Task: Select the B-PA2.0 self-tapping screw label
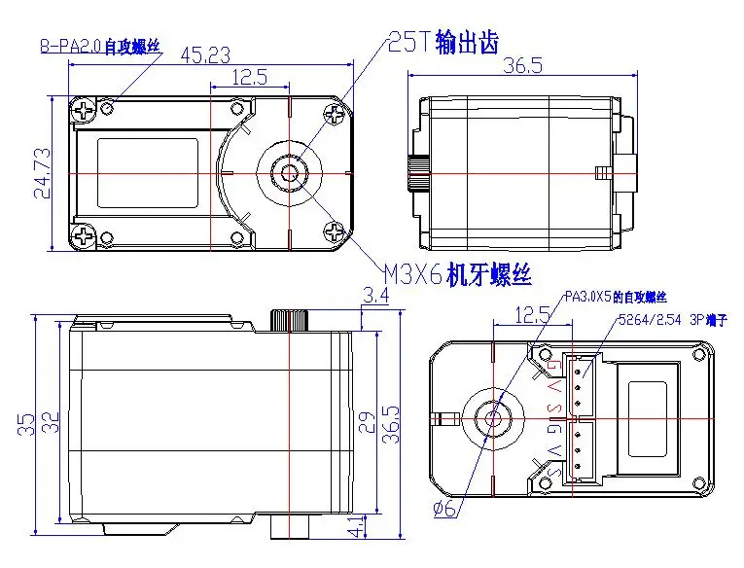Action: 100,46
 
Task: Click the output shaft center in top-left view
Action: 289,173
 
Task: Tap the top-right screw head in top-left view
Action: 337,115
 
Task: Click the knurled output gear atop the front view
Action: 290,319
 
